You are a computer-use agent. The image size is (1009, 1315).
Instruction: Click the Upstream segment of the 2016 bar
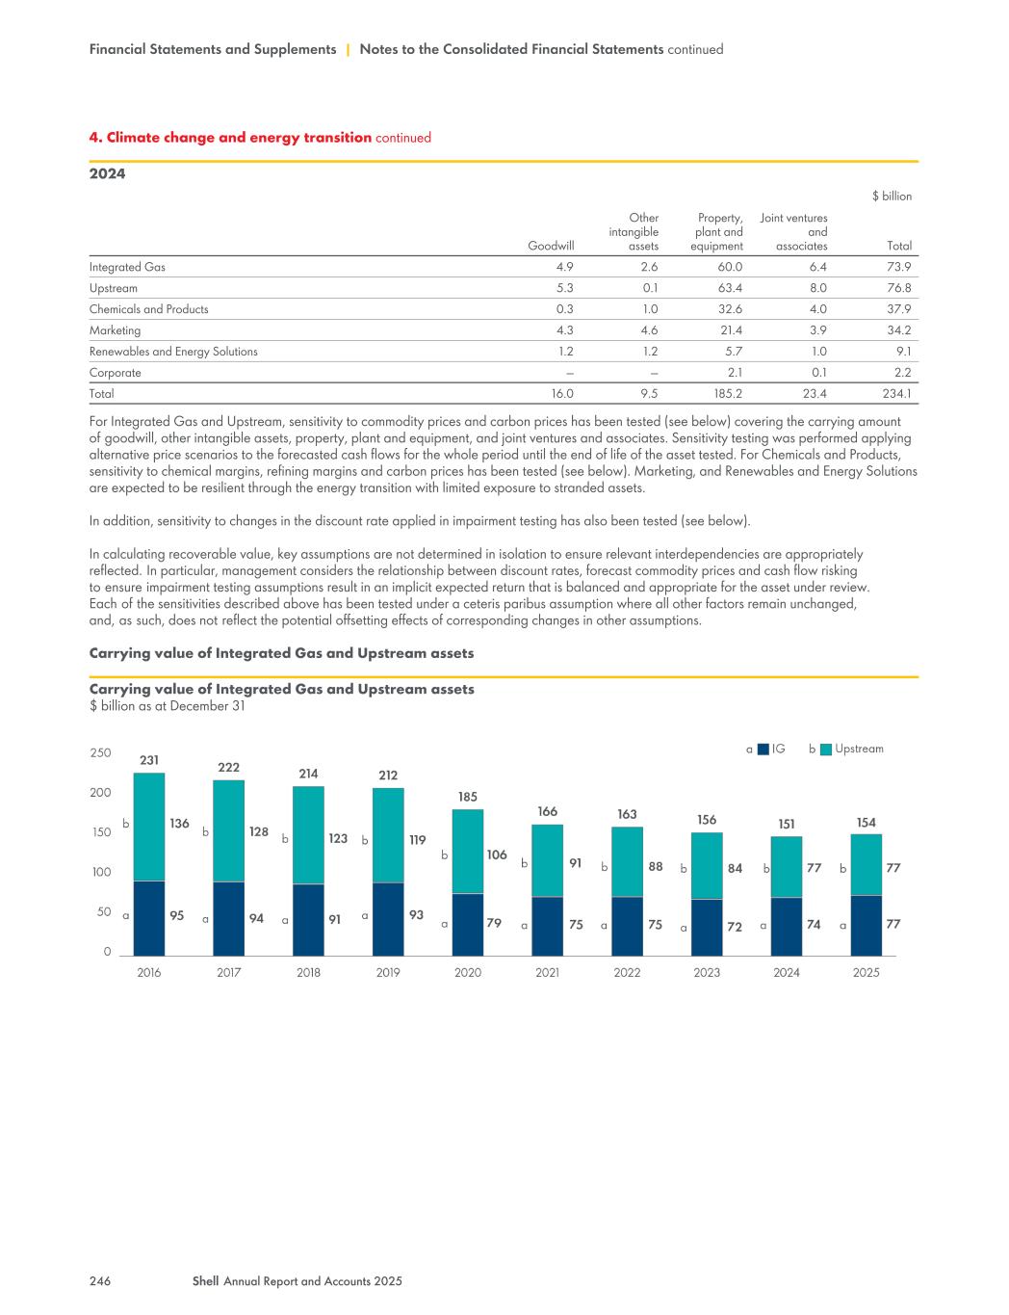(x=149, y=827)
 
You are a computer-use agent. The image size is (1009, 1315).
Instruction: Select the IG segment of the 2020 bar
(x=468, y=924)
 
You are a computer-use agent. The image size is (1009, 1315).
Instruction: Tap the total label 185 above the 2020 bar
(x=468, y=797)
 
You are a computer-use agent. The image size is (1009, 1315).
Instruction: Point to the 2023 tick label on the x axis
(x=707, y=972)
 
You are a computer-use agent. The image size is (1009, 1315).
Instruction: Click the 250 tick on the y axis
(x=101, y=752)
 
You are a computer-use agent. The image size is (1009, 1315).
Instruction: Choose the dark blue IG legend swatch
(x=763, y=749)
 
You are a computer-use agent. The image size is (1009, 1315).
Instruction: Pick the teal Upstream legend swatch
(x=825, y=749)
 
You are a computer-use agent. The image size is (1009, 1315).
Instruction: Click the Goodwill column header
(x=551, y=246)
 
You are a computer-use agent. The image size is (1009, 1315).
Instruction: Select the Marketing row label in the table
(x=115, y=330)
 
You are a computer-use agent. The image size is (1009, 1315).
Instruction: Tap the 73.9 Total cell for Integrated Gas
(x=897, y=267)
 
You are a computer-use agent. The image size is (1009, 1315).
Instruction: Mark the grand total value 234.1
(x=895, y=393)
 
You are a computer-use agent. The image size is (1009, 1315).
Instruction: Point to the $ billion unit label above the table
(x=892, y=196)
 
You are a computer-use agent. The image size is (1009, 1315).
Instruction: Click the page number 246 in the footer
(x=100, y=1281)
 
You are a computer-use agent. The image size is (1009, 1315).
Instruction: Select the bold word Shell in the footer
(x=205, y=1281)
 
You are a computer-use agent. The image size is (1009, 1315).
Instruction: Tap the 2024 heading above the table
(x=107, y=174)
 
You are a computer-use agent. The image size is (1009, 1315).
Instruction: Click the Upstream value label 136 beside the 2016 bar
(x=179, y=824)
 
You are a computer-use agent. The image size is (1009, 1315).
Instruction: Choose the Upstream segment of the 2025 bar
(x=867, y=864)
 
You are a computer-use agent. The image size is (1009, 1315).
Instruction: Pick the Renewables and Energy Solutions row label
(x=173, y=352)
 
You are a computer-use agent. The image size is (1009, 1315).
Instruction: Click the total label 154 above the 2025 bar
(x=867, y=822)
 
